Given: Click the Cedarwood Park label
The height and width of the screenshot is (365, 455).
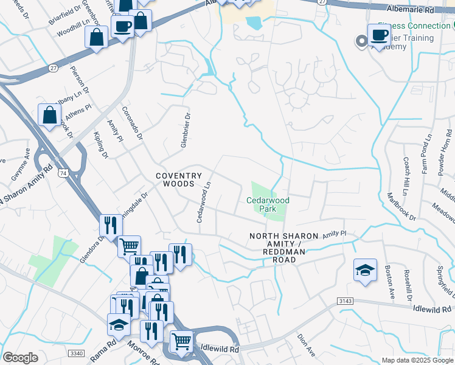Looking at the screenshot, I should tap(268, 204).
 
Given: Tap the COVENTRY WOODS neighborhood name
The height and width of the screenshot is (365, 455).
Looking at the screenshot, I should tap(179, 179).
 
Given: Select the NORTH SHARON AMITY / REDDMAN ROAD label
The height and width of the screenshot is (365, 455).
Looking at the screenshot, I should tap(284, 248).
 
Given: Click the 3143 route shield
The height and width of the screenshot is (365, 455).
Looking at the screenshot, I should tap(345, 301).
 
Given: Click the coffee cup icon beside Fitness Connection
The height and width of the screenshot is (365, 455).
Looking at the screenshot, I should tap(380, 35).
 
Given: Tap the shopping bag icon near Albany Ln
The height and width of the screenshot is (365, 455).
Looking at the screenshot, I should tap(49, 114).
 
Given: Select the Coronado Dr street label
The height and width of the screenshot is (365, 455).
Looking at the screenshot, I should tap(133, 124).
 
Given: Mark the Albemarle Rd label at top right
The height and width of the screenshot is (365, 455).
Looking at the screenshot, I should tap(411, 10).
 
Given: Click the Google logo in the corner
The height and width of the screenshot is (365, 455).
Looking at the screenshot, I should tap(21, 358).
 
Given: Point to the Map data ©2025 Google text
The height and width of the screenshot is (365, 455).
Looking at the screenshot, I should tap(417, 360).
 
